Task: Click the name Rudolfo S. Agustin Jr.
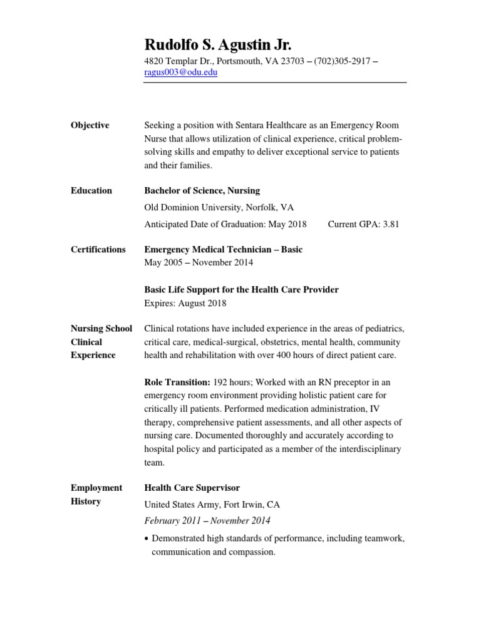click(218, 44)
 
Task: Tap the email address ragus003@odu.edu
click(181, 73)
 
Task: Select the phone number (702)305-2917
click(340, 61)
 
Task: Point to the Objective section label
click(90, 125)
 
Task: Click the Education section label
click(91, 190)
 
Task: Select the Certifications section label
click(98, 249)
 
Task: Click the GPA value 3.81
click(386, 224)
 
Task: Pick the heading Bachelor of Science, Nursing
click(202, 190)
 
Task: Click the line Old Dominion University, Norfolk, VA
click(219, 207)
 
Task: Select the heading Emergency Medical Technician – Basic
click(223, 249)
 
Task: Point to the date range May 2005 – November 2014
click(199, 262)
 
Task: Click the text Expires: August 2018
click(185, 303)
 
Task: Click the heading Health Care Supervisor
click(192, 488)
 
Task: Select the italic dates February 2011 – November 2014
click(207, 520)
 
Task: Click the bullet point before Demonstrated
click(147, 539)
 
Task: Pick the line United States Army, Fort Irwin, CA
click(212, 504)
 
